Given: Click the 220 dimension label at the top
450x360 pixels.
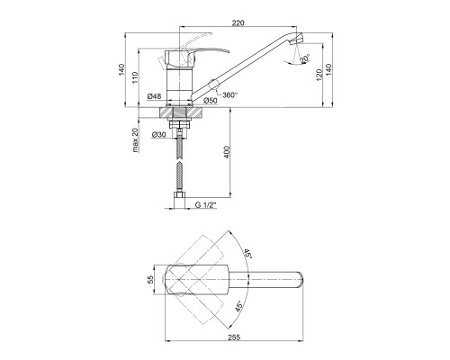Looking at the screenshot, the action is tap(238, 22).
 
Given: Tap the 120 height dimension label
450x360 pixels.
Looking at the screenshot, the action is tap(319, 75).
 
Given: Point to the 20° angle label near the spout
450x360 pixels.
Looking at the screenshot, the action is tap(304, 58).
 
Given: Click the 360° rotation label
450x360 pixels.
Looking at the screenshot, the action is tap(229, 94).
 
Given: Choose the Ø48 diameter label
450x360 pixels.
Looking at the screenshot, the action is tap(154, 96).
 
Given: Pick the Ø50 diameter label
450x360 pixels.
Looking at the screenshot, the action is tap(210, 101).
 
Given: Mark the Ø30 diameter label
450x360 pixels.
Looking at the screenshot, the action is tap(158, 135).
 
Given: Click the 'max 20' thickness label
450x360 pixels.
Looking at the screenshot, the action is tap(135, 140).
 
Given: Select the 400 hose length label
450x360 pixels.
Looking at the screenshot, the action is tap(227, 152).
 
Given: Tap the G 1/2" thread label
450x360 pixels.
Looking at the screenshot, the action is tap(206, 205).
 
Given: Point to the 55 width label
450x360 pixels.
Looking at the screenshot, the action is tap(150, 280).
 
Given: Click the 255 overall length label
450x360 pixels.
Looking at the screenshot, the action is tap(234, 337).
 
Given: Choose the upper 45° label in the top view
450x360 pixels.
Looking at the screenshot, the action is tap(247, 254).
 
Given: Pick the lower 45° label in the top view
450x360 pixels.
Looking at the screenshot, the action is tap(238, 306).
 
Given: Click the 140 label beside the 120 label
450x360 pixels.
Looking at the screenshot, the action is tap(328, 69).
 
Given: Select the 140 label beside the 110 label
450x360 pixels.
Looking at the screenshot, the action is tap(121, 69).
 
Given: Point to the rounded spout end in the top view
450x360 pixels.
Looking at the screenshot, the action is tap(301, 280).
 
